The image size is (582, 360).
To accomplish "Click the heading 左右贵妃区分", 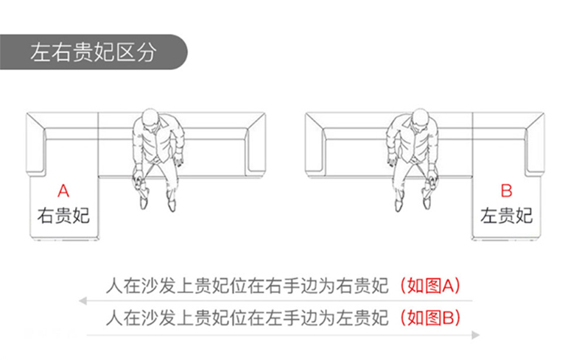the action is pyautogui.click(x=93, y=52).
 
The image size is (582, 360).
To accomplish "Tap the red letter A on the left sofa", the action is pyautogui.click(x=63, y=191).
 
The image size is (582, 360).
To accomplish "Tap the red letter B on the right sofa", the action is pyautogui.click(x=506, y=191).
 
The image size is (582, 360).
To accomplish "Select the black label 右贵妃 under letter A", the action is pyautogui.click(x=63, y=216).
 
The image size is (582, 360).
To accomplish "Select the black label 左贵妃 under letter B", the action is pyautogui.click(x=506, y=216).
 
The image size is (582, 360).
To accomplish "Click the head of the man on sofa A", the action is pyautogui.click(x=151, y=119).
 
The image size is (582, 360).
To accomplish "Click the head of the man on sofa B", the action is pyautogui.click(x=420, y=119).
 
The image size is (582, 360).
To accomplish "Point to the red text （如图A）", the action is pyautogui.click(x=430, y=286).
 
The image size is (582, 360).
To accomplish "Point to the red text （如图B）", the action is pyautogui.click(x=430, y=318).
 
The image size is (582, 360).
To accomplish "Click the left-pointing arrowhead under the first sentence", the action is pyautogui.click(x=83, y=300).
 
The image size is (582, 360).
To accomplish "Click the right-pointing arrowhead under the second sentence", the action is pyautogui.click(x=475, y=335).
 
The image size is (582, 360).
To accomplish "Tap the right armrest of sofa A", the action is pyautogui.click(x=256, y=144).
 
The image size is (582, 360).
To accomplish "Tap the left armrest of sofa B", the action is pyautogui.click(x=315, y=144).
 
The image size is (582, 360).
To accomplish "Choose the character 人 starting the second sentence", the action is pyautogui.click(x=114, y=318).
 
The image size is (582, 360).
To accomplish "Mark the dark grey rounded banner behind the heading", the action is pyautogui.click(x=94, y=52).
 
